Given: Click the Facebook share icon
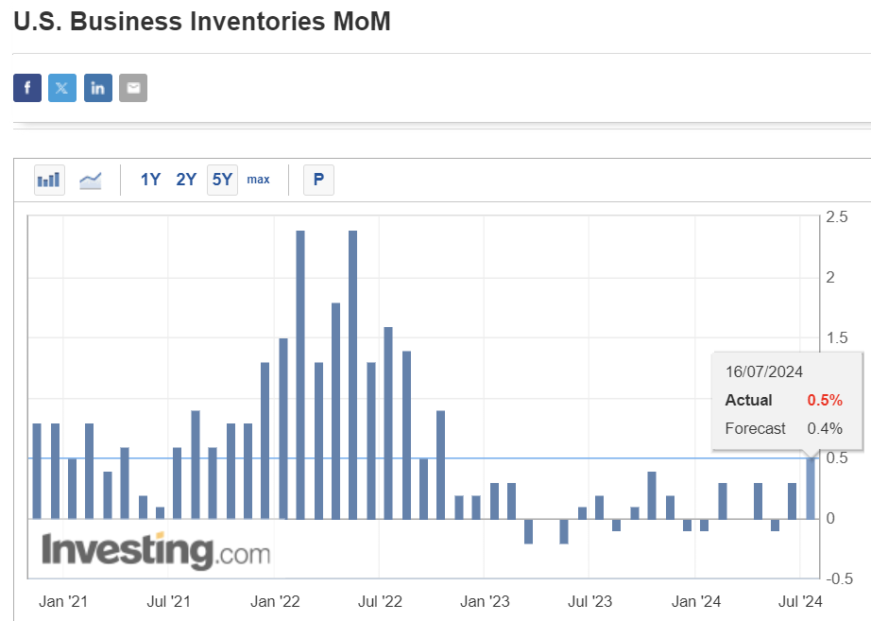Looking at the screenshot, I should click(27, 88).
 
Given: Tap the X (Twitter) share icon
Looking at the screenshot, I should click(62, 88).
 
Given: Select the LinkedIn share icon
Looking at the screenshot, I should click(97, 88).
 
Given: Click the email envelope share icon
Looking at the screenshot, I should click(133, 88).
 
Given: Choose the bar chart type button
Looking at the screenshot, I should click(49, 179).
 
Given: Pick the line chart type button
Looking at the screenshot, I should click(91, 179).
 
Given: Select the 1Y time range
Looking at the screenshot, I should click(150, 179).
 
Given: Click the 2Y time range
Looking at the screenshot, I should click(186, 179).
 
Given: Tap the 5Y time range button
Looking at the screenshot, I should click(222, 179).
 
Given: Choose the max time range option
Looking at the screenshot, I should click(258, 179).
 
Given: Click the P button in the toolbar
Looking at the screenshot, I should click(318, 179).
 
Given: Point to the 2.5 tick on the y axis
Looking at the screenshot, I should click(835, 217).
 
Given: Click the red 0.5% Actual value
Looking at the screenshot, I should click(824, 400).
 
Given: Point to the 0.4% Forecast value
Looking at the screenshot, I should click(824, 428).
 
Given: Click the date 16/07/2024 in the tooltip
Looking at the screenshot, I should click(763, 371).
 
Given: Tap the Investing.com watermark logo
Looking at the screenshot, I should click(155, 551).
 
